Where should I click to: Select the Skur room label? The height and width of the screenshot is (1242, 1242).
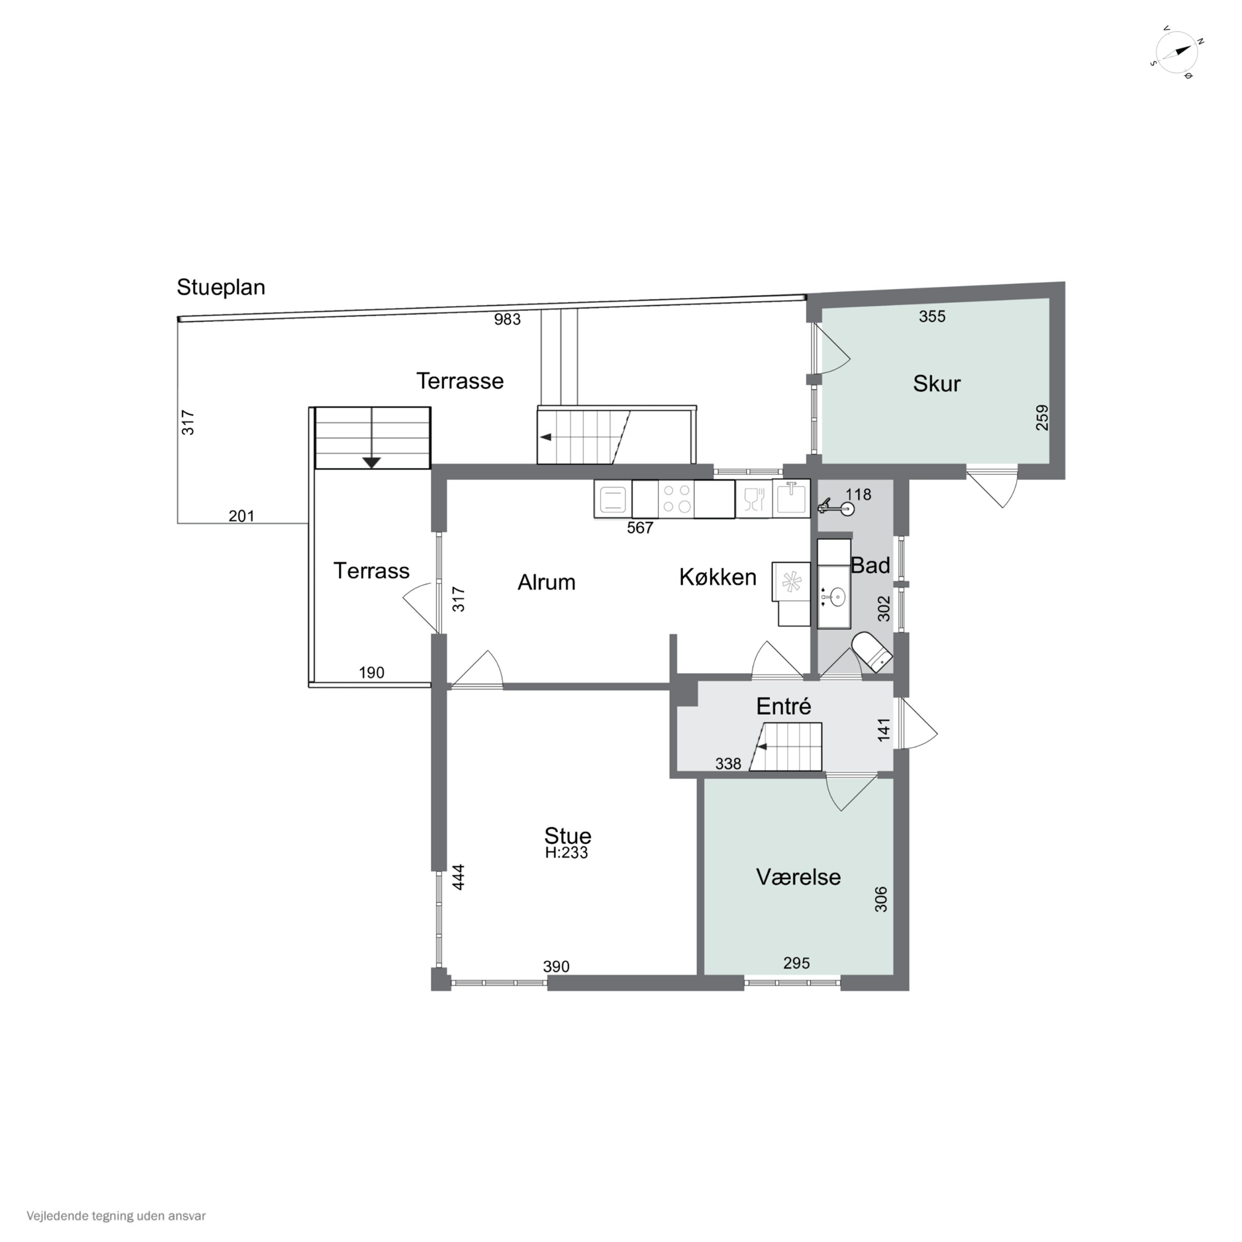tap(936, 384)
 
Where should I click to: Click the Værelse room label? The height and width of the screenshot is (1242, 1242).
tap(799, 877)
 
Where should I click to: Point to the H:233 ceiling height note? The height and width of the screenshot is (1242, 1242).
tap(566, 853)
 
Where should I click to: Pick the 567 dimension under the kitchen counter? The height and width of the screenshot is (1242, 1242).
tap(640, 528)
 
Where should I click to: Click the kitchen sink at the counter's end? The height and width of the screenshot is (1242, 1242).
tap(791, 498)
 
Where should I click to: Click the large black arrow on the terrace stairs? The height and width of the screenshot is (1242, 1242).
tap(372, 462)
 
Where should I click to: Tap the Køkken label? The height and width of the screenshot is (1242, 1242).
tap(717, 577)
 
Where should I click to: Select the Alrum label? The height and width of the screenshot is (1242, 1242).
tap(546, 582)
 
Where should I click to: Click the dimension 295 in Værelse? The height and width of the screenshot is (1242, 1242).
tap(797, 963)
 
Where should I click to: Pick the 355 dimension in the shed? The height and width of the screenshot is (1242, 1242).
tap(932, 316)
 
